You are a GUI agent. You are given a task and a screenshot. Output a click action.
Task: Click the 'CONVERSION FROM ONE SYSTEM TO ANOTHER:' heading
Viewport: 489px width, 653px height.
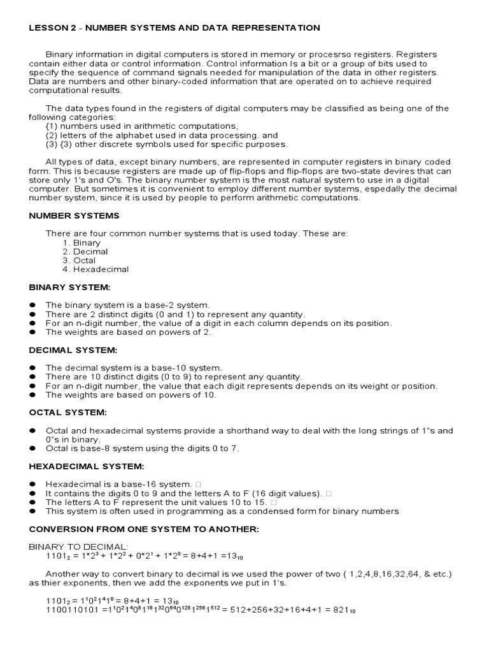coord(144,529)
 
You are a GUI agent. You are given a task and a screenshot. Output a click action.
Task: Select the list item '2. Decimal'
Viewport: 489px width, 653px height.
coord(85,252)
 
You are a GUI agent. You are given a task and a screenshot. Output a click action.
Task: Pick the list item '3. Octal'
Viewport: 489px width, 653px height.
coord(80,260)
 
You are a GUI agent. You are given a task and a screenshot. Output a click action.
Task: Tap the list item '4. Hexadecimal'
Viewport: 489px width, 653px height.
coord(96,269)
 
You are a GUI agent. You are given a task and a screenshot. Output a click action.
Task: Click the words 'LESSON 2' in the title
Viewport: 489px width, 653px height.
coord(52,28)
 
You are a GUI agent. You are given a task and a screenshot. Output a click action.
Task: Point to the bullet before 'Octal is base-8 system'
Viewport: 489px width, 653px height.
coord(32,448)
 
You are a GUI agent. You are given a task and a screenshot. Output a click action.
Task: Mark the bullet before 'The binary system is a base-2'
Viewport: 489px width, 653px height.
coord(32,305)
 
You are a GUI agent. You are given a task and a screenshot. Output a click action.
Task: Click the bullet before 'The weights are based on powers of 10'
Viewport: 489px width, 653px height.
coord(32,395)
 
